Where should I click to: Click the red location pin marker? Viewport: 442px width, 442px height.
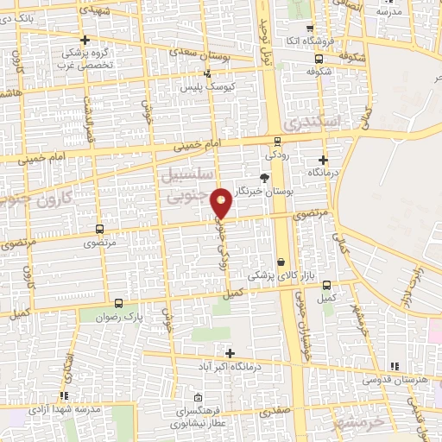click(222, 202)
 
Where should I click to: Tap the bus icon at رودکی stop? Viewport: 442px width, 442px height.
click(277, 142)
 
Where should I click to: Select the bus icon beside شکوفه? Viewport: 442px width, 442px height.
click(319, 59)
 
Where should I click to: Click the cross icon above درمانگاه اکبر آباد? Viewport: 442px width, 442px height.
click(230, 352)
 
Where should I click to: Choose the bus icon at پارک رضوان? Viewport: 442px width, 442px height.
click(119, 303)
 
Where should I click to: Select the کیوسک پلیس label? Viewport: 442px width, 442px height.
click(201, 87)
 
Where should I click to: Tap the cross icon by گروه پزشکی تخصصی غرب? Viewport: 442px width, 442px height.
click(84, 40)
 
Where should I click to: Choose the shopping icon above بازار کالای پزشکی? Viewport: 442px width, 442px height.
click(281, 262)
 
